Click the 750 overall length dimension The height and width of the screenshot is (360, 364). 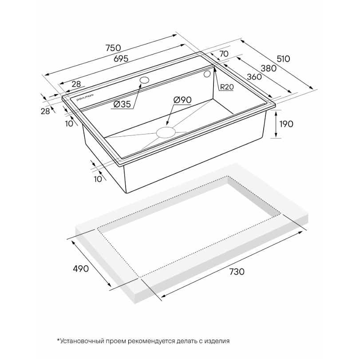pyautogui.click(x=113, y=48)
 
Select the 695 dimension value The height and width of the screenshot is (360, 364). pyautogui.click(x=121, y=59)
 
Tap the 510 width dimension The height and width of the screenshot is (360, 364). pyautogui.click(x=284, y=59)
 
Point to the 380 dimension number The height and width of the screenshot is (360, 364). pyautogui.click(x=269, y=68)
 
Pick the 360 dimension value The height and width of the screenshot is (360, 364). pyautogui.click(x=254, y=77)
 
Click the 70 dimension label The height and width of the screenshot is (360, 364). pyautogui.click(x=224, y=54)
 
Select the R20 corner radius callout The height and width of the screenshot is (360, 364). pyautogui.click(x=226, y=87)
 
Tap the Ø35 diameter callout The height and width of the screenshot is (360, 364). pyautogui.click(x=122, y=104)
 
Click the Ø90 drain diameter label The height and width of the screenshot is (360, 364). pyautogui.click(x=183, y=100)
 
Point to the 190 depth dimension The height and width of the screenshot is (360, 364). pyautogui.click(x=286, y=124)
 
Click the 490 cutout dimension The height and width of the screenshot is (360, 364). pyautogui.click(x=81, y=269)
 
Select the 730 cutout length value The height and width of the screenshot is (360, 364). pyautogui.click(x=237, y=272)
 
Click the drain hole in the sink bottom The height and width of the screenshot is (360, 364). pyautogui.click(x=166, y=132)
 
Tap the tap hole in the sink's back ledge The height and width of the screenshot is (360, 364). pyautogui.click(x=144, y=80)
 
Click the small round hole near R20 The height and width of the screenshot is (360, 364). pyautogui.click(x=207, y=74)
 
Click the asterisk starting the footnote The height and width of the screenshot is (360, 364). pyautogui.click(x=58, y=340)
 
